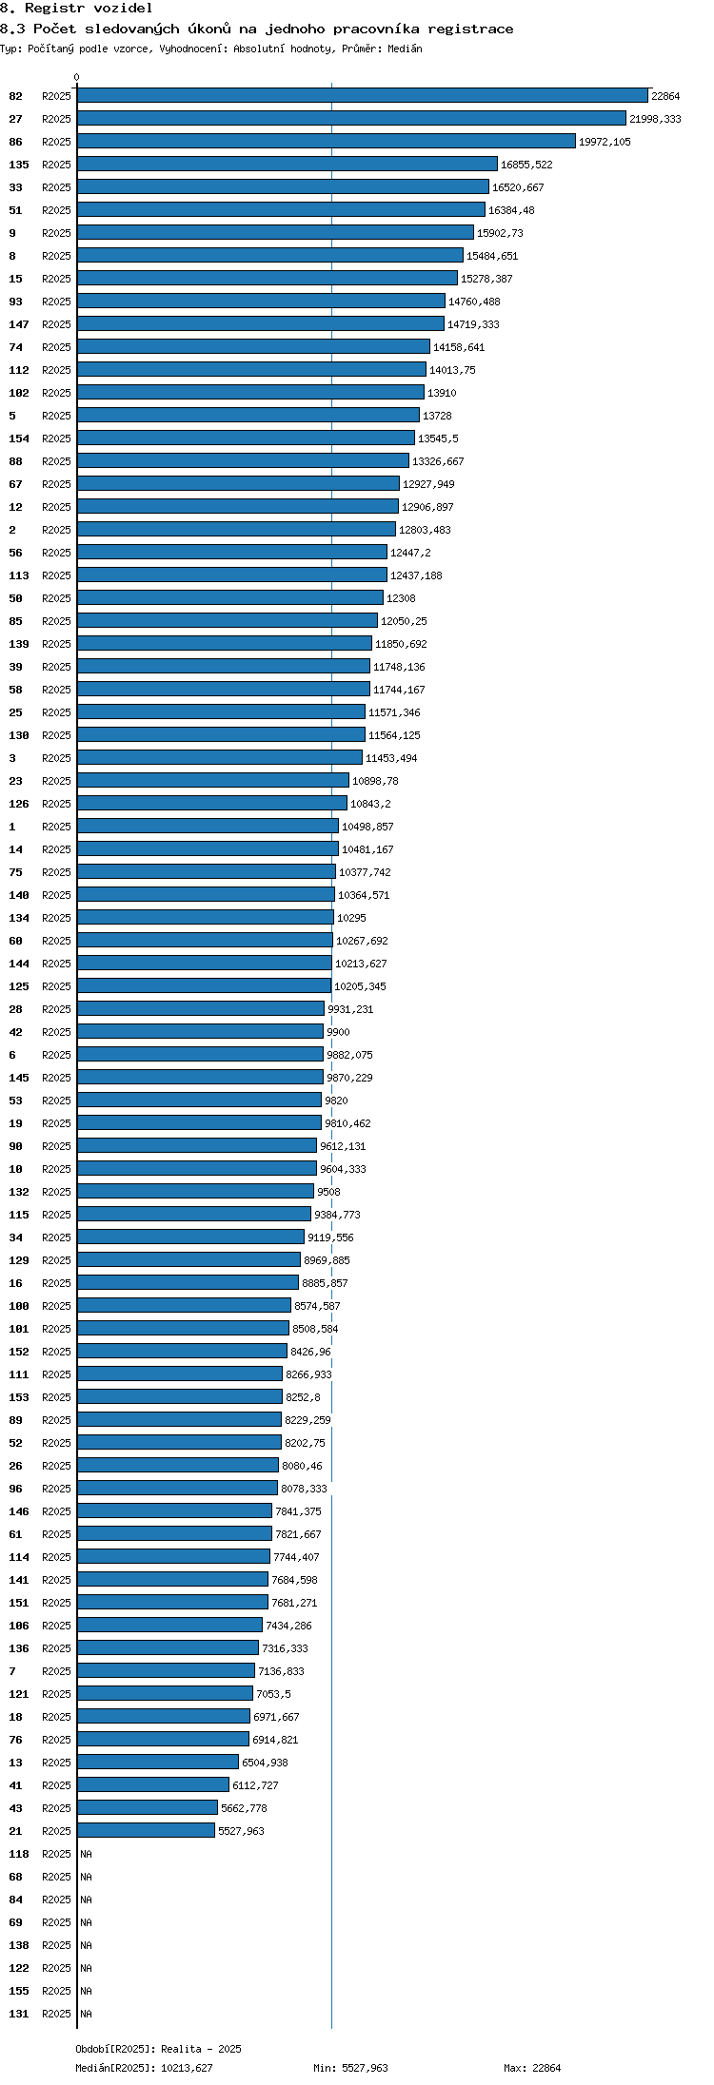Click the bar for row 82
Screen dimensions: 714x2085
(x=363, y=96)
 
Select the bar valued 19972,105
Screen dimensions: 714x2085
(x=327, y=142)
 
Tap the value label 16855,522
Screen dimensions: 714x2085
(x=526, y=165)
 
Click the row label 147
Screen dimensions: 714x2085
(x=19, y=324)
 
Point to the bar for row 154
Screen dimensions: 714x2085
(x=246, y=438)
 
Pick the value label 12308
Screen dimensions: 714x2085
(x=401, y=598)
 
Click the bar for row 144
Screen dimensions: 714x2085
(x=205, y=964)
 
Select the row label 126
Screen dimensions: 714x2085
(x=19, y=804)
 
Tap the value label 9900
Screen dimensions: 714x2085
(x=338, y=1032)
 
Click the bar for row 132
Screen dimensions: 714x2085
(x=195, y=1192)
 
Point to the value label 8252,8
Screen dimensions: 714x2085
(x=303, y=1397)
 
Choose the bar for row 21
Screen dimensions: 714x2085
(x=146, y=1831)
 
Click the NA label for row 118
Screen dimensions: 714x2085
(x=86, y=1854)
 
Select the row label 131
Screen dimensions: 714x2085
(x=19, y=2014)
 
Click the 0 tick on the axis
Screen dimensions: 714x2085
(x=77, y=77)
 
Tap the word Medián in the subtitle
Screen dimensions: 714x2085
(x=405, y=49)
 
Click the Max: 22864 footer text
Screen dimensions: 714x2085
(x=532, y=2068)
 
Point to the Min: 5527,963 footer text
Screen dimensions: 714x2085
(x=350, y=2068)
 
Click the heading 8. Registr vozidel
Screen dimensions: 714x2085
(x=76, y=9)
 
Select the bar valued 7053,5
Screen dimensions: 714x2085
(x=165, y=1694)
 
